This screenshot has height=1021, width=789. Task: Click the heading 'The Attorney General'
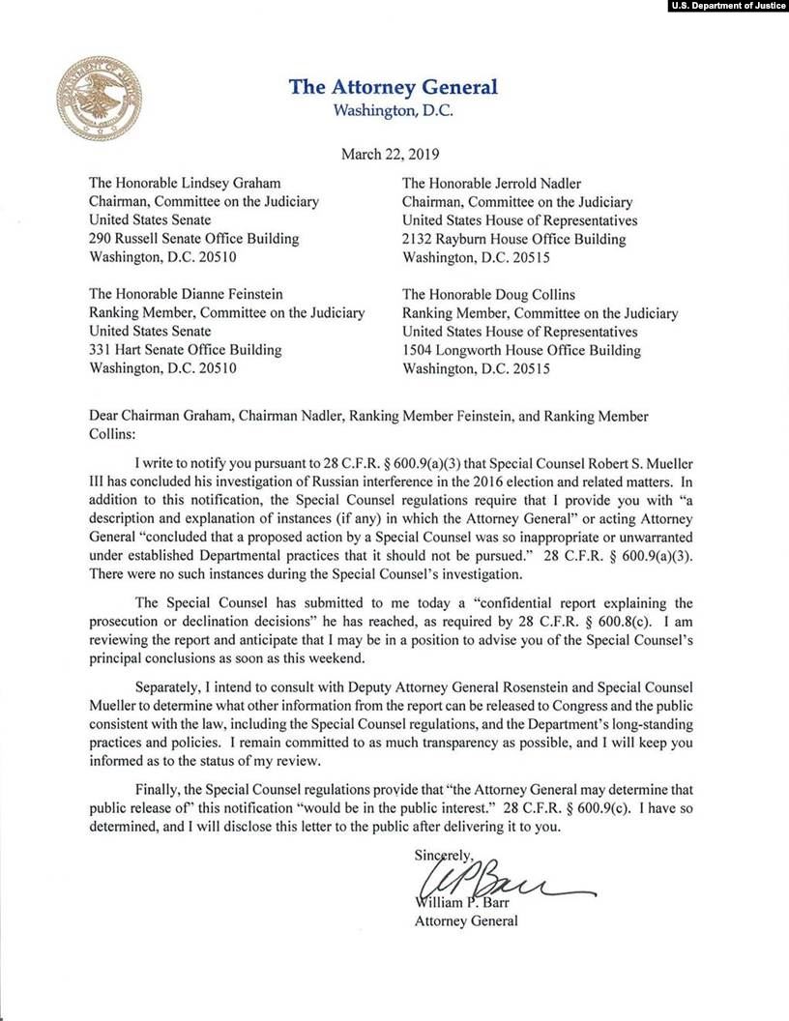pos(394,87)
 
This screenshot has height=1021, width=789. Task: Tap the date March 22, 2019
pos(392,154)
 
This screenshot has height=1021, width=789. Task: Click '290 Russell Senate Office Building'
pos(193,239)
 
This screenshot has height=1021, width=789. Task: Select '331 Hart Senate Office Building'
pos(185,349)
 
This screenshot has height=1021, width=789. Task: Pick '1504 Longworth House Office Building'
pos(521,349)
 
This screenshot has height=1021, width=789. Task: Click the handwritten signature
pos(493,881)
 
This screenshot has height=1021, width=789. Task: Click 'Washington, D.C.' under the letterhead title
pos(393,109)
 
